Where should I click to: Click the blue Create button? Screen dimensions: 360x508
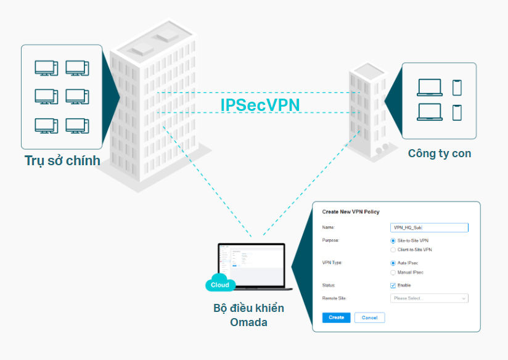click(336, 317)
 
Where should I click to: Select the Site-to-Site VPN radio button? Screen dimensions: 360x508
click(393, 240)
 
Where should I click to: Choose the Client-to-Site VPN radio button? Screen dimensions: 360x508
click(393, 250)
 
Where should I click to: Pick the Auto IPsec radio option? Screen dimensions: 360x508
click(393, 263)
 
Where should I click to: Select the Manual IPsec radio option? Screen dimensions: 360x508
click(393, 272)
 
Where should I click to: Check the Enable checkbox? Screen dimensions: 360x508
click(393, 285)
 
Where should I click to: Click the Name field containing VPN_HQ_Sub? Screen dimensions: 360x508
click(429, 227)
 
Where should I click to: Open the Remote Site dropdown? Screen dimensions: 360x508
click(429, 298)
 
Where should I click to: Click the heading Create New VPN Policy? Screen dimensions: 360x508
click(351, 212)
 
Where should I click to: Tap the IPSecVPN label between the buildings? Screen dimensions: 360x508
click(260, 105)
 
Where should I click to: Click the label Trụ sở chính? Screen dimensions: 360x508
click(62, 161)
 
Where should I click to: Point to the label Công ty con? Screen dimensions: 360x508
click(439, 153)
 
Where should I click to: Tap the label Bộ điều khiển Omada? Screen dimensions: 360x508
click(248, 315)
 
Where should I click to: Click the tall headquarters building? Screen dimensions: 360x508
click(154, 105)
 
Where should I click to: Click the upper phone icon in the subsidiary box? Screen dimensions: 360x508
click(457, 88)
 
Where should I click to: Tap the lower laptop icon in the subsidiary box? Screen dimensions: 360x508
click(429, 112)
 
